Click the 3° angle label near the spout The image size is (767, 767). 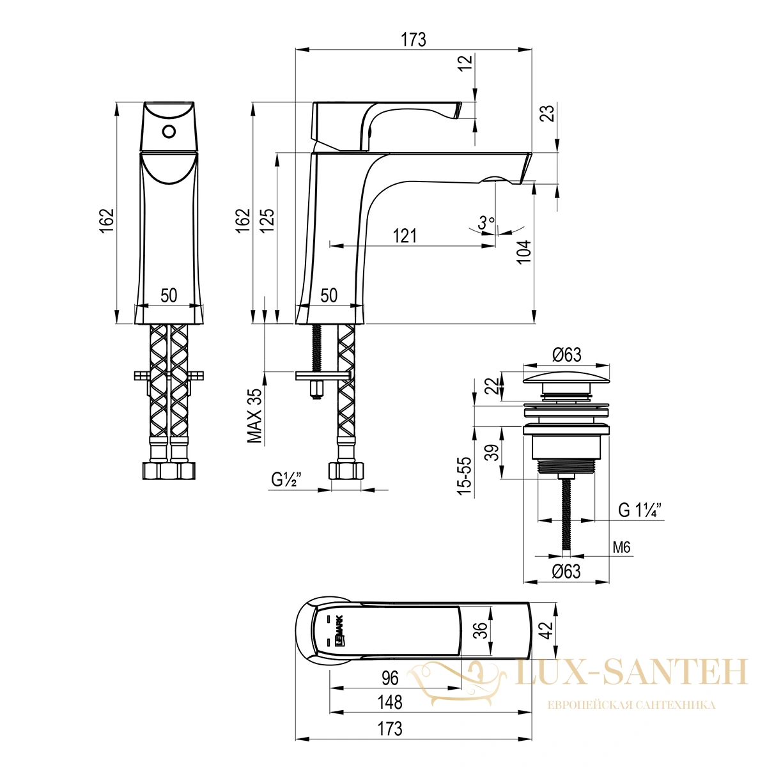(486, 222)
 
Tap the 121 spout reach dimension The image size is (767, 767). (405, 236)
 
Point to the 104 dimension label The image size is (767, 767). (523, 252)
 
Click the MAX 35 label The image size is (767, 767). (255, 415)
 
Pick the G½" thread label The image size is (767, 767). (286, 479)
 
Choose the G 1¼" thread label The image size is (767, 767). (640, 510)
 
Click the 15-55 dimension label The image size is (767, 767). (464, 476)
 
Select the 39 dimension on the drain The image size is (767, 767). (493, 452)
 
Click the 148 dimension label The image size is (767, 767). (391, 702)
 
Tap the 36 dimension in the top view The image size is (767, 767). (482, 630)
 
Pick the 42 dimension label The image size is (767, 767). (548, 630)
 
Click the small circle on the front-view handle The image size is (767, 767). (169, 132)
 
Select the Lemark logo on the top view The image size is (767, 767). (342, 630)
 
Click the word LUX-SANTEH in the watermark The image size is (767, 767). (631, 672)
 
